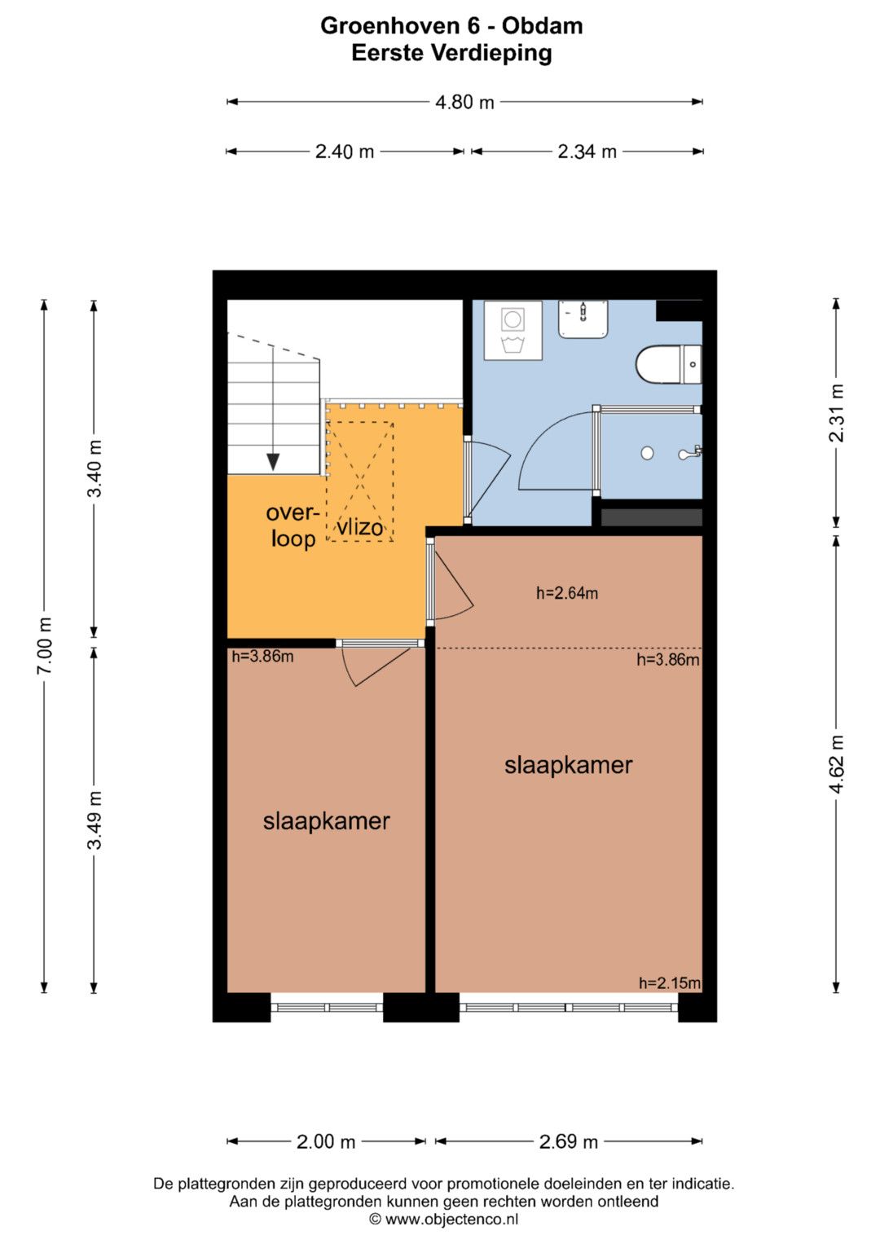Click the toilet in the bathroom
(x=668, y=364)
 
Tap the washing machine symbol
(x=513, y=331)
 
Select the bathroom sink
(x=583, y=319)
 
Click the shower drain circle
(x=647, y=453)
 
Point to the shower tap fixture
(x=691, y=453)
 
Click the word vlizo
(x=360, y=527)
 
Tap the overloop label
(x=293, y=525)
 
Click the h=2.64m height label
(x=566, y=593)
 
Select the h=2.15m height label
(x=670, y=983)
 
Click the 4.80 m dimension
(x=465, y=102)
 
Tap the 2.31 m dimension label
(x=836, y=413)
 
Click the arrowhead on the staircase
(x=273, y=461)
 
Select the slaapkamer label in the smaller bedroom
(x=326, y=821)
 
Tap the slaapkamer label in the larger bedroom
(x=569, y=765)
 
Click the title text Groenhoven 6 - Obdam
(x=451, y=26)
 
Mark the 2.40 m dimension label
(x=345, y=152)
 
